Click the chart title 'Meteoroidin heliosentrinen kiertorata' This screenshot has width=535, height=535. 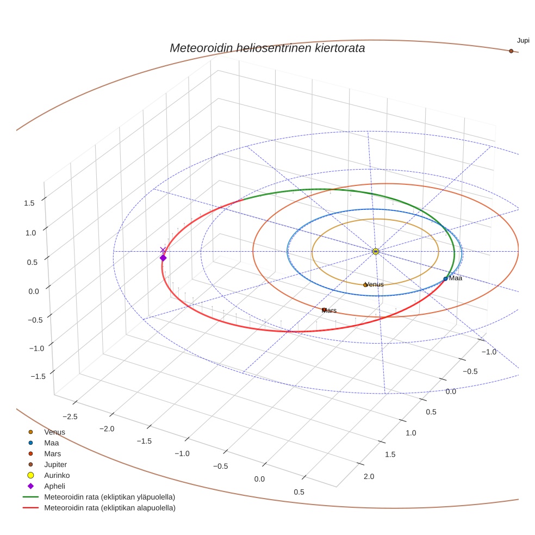click(x=267, y=48)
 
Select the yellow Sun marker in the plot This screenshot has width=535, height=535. click(x=376, y=251)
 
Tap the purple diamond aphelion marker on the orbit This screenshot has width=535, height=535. click(x=163, y=258)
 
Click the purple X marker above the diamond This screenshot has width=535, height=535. click(x=163, y=250)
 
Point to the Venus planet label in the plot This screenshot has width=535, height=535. click(x=374, y=284)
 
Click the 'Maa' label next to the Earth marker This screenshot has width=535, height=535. click(x=455, y=278)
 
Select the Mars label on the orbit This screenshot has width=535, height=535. click(x=329, y=311)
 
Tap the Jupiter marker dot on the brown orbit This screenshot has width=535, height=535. click(x=511, y=51)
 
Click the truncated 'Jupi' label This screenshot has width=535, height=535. click(x=523, y=41)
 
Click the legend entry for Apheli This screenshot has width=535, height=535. click(x=54, y=486)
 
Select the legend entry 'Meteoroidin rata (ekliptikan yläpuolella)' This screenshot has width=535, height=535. click(x=109, y=497)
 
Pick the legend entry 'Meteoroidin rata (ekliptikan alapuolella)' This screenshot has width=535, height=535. click(x=109, y=508)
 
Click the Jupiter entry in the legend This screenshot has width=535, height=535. click(x=55, y=464)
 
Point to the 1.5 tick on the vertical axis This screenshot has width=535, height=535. click(x=29, y=203)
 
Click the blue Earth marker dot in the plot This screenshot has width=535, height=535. click(x=445, y=278)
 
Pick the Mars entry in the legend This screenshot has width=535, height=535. click(x=53, y=453)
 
